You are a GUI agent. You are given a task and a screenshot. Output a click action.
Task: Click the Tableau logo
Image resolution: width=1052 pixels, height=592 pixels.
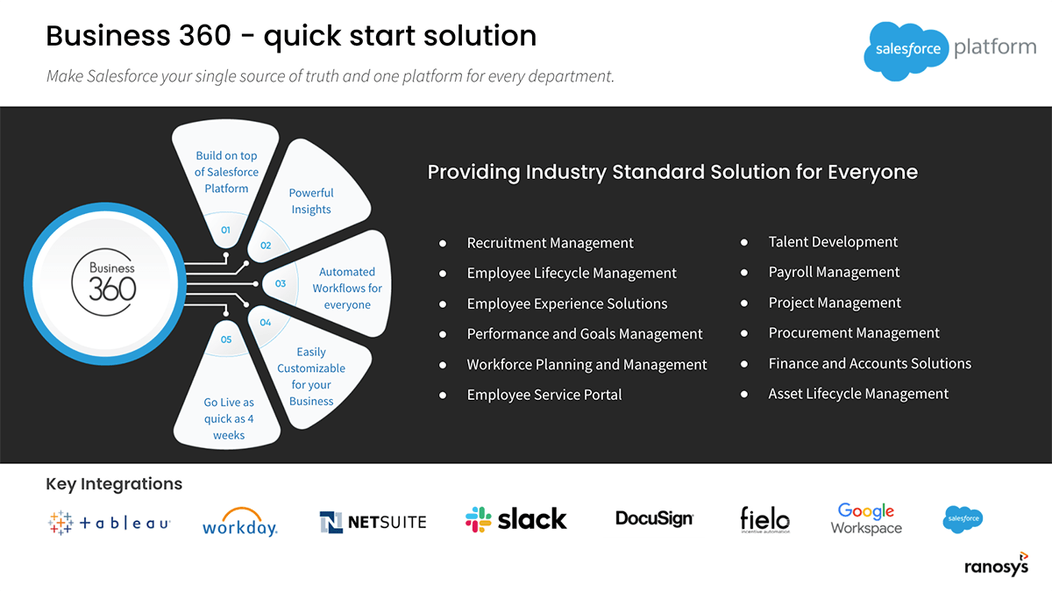[109, 523]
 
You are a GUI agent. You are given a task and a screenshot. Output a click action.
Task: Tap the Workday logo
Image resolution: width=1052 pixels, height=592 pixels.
[239, 522]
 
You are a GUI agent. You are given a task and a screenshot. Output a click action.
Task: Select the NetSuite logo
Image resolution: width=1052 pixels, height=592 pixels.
[373, 522]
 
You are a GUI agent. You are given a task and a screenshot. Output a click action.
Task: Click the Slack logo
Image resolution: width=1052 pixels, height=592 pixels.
[516, 519]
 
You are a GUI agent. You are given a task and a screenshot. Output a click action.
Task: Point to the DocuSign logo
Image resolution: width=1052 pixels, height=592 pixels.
[654, 518]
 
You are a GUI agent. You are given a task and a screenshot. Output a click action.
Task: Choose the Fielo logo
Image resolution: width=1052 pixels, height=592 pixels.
[764, 520]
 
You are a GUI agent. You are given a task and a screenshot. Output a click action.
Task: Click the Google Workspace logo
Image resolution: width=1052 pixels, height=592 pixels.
[866, 519]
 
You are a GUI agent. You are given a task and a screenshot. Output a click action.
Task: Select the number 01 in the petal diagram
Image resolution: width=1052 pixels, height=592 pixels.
[226, 230]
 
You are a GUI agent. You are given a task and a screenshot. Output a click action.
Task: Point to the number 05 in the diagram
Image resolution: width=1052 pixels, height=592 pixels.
[226, 339]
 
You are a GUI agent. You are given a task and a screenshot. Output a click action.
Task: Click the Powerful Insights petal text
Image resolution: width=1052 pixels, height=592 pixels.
[311, 201]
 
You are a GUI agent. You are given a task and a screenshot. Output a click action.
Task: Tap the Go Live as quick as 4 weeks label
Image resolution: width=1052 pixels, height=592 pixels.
[229, 418]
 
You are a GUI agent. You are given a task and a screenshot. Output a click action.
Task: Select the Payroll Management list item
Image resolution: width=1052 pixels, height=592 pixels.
[834, 272]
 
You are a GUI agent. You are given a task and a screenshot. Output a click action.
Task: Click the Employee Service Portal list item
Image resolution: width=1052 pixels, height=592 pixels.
[544, 395]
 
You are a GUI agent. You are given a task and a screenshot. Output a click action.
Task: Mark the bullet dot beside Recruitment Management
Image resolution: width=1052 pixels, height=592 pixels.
[443, 243]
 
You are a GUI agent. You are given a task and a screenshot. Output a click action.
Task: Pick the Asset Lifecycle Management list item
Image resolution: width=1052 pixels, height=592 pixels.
[858, 394]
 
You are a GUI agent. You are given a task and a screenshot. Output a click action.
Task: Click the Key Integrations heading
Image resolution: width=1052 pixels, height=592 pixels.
[114, 483]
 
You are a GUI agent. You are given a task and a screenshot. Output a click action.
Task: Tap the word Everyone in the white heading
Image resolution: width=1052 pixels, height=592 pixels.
[872, 172]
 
